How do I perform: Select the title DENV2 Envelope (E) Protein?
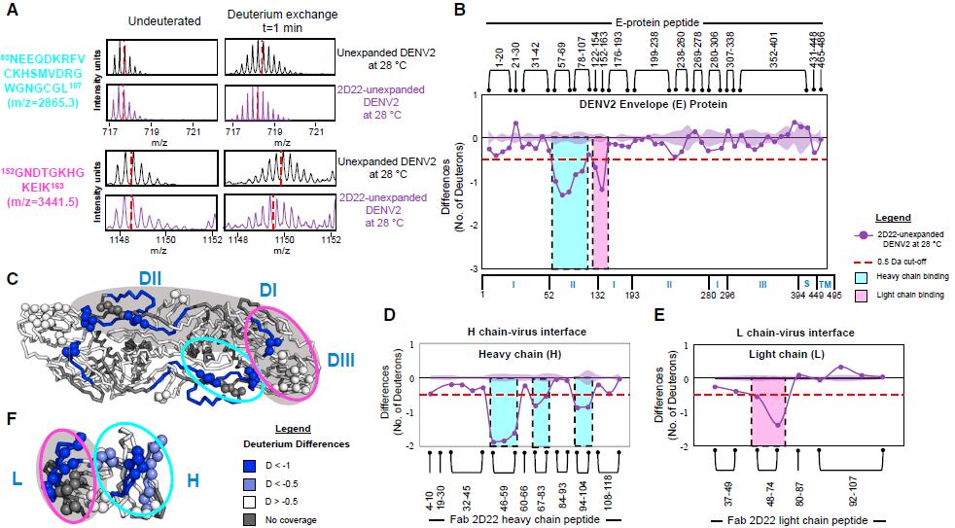point(654,104)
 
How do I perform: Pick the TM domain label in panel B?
point(824,282)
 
